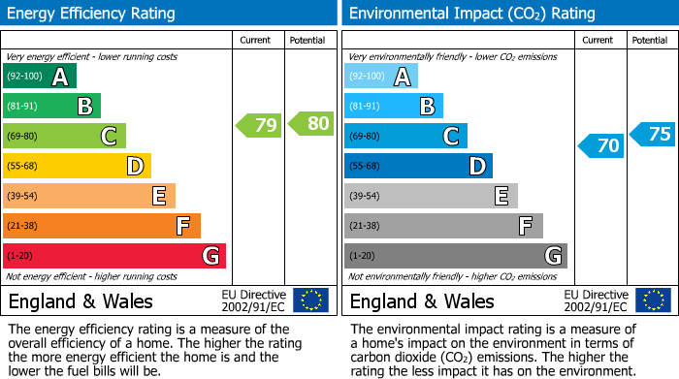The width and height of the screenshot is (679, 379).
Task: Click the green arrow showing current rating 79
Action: (259, 125)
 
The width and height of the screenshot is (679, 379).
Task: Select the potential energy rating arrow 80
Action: (310, 124)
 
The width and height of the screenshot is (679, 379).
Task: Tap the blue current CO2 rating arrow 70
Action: (600, 146)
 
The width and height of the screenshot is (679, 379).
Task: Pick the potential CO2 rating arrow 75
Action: (652, 135)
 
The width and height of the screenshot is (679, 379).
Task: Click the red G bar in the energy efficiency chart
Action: (113, 256)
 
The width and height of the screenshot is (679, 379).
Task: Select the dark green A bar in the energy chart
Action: (39, 77)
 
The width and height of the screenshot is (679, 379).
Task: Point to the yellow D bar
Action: (77, 166)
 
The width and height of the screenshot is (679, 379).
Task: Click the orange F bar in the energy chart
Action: (101, 226)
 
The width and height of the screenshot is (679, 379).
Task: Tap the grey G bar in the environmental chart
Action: (455, 256)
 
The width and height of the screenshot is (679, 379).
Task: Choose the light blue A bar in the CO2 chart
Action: (380, 77)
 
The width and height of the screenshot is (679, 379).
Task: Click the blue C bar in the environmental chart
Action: (405, 136)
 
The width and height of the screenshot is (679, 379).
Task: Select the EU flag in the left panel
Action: (310, 300)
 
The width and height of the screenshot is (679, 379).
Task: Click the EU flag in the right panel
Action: (652, 300)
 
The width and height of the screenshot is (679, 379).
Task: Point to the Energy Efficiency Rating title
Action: (92, 14)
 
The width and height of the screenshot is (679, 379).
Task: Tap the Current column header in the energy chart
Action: (257, 40)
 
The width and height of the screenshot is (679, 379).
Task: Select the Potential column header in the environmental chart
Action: (650, 40)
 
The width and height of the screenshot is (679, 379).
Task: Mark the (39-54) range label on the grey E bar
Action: (367, 197)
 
